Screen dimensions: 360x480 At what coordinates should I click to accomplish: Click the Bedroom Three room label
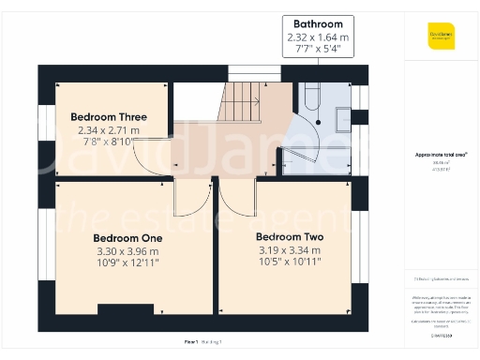click(x=109, y=117)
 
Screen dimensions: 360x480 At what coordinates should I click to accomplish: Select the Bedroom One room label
click(x=128, y=238)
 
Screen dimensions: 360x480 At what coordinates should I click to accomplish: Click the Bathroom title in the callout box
click(x=317, y=23)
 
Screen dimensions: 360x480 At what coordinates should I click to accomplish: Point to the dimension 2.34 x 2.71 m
click(x=109, y=130)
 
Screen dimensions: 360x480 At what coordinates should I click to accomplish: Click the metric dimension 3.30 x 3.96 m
click(x=128, y=251)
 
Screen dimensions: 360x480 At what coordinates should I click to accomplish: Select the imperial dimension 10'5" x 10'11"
click(x=289, y=262)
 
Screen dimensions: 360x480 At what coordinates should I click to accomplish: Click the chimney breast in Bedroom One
click(x=119, y=309)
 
